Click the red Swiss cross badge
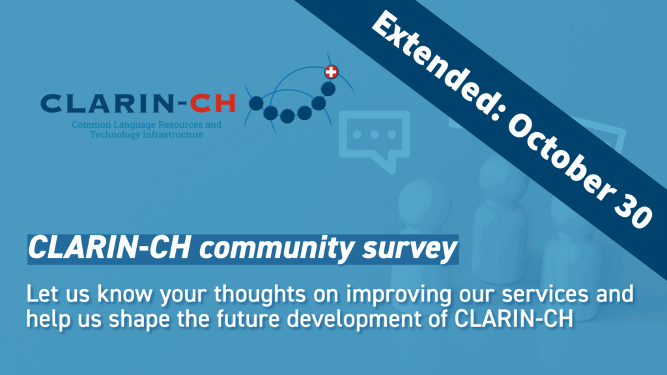[x=332, y=72]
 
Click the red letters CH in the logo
[x=213, y=104]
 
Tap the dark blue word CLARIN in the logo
[x=106, y=104]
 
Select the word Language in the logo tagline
[x=132, y=125]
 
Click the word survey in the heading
[x=409, y=248]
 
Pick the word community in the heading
[x=276, y=248]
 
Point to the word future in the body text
[x=248, y=319]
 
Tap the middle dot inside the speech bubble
[x=375, y=134]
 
